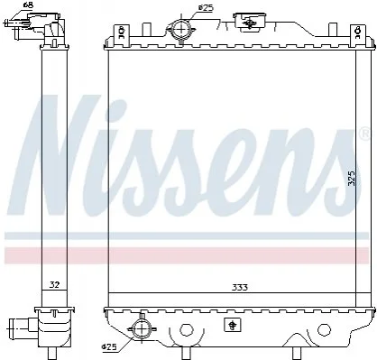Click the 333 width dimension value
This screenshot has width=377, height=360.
pyautogui.click(x=240, y=288)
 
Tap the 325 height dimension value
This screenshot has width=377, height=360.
pyautogui.click(x=352, y=178)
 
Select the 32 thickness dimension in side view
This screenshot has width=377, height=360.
pyautogui.click(x=54, y=284)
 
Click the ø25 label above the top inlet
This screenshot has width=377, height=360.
pyautogui.click(x=206, y=8)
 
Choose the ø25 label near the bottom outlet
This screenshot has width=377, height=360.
pyautogui.click(x=108, y=347)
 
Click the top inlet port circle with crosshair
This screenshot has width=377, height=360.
pyautogui.click(x=181, y=29)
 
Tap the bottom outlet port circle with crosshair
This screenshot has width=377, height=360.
pyautogui.click(x=141, y=328)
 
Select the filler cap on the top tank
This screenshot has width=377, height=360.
pyautogui.click(x=249, y=22)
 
